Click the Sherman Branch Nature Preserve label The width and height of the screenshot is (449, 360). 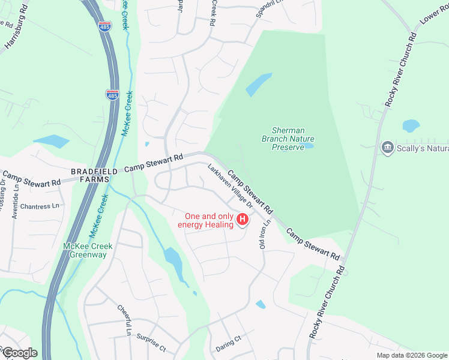pos(288,139)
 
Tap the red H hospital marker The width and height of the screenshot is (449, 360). pos(243,220)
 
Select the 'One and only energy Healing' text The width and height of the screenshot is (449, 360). pos(208,220)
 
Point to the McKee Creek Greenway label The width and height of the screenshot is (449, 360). pos(85,250)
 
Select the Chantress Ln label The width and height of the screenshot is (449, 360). pos(40,206)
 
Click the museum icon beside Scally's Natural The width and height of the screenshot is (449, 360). pos(387,147)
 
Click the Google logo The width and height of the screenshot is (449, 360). pos(19,352)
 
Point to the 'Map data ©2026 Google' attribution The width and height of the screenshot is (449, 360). pos(411,355)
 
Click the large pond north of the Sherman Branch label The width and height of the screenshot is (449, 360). pos(259,84)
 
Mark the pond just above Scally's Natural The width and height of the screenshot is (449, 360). pos(411,125)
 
